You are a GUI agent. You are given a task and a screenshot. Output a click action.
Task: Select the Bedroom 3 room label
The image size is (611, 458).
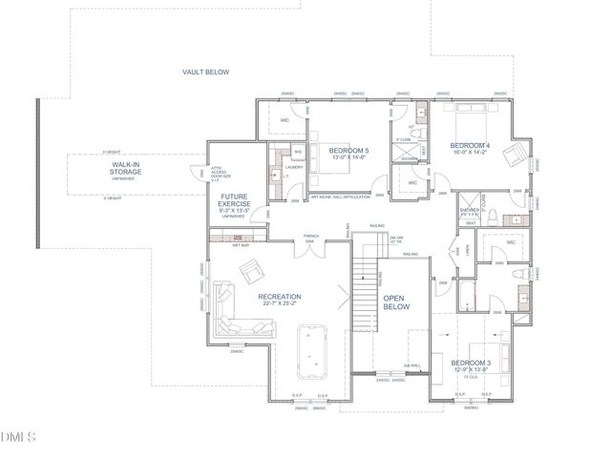tap(471, 364)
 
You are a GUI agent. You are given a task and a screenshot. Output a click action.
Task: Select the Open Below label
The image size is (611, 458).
tap(396, 302)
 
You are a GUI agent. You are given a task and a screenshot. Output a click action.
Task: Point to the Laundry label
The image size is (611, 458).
tap(294, 167)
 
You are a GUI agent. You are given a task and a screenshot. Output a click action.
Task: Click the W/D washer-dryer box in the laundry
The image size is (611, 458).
tap(297, 152)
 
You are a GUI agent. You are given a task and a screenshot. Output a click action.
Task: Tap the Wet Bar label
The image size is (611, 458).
tap(241, 245)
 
